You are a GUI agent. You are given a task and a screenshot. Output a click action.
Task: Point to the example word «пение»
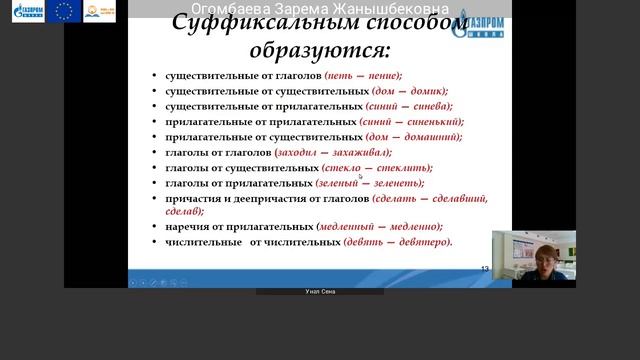pos(383,75)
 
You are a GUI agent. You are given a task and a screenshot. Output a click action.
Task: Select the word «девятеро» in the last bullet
pos(425,241)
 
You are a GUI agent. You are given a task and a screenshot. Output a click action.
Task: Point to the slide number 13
pos(485,269)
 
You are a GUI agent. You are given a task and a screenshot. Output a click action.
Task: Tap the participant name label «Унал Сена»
pos(320,292)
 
